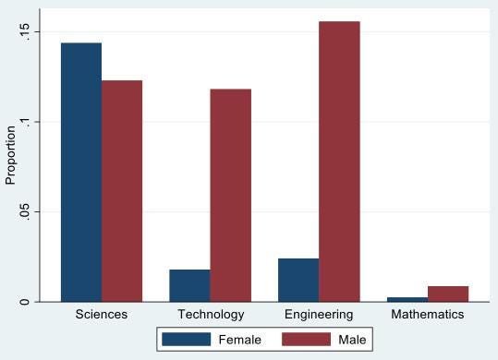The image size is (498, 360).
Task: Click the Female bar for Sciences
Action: tap(81, 172)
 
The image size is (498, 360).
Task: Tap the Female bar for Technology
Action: tap(189, 285)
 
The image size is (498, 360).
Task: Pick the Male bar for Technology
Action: tap(230, 195)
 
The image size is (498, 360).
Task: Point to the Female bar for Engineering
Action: tap(298, 280)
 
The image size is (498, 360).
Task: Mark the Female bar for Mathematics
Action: tap(407, 299)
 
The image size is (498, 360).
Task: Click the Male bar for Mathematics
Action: tap(448, 294)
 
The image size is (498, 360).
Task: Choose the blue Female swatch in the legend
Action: tap(188, 340)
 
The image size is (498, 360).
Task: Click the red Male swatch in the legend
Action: tap(306, 340)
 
